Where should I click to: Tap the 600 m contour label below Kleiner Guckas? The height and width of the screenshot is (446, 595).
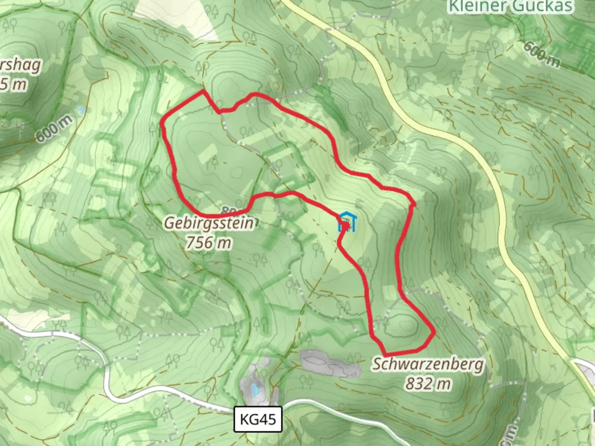click(x=542, y=54)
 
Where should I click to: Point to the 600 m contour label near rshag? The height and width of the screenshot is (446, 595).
click(x=54, y=128)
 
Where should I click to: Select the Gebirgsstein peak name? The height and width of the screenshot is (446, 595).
click(x=209, y=223)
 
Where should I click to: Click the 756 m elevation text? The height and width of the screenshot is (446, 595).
click(x=208, y=243)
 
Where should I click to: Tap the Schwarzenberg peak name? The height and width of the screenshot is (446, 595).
click(x=428, y=365)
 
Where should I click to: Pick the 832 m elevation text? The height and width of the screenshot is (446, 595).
click(x=428, y=384)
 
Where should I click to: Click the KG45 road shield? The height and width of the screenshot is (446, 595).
click(x=258, y=419)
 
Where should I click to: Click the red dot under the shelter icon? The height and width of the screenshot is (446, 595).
click(x=345, y=226)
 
